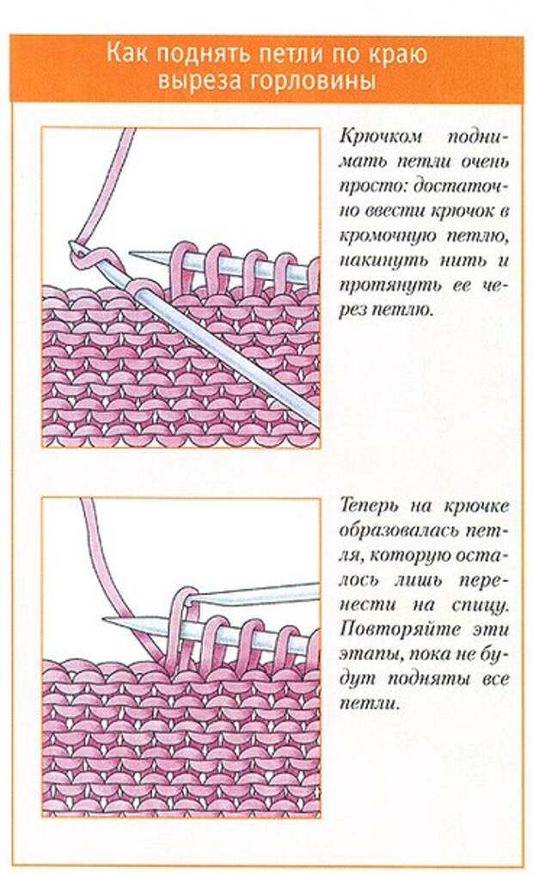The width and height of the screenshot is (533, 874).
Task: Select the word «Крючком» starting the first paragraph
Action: pos(381,138)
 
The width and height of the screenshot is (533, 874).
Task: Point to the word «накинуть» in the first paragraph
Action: pos(386,260)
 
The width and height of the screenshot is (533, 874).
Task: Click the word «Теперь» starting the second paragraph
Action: pos(369,506)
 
